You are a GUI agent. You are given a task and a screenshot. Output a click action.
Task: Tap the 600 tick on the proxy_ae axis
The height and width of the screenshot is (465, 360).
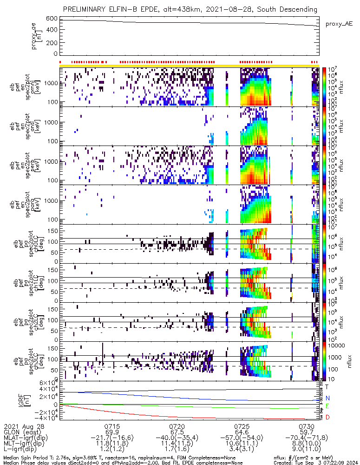coord(52,19)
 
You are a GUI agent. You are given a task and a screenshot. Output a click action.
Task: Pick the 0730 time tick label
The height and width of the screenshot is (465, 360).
coord(307,426)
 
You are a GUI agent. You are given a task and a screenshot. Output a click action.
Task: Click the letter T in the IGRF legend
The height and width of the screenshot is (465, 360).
coord(327,386)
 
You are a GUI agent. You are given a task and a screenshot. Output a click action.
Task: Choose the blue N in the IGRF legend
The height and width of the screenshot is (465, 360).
coord(327,398)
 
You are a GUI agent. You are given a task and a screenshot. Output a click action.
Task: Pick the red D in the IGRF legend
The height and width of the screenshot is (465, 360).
coord(327,418)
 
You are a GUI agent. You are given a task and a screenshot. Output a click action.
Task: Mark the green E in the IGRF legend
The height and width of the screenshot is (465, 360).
coord(327,406)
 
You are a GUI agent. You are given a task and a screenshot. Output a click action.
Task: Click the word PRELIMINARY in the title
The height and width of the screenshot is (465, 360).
coord(85,9)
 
